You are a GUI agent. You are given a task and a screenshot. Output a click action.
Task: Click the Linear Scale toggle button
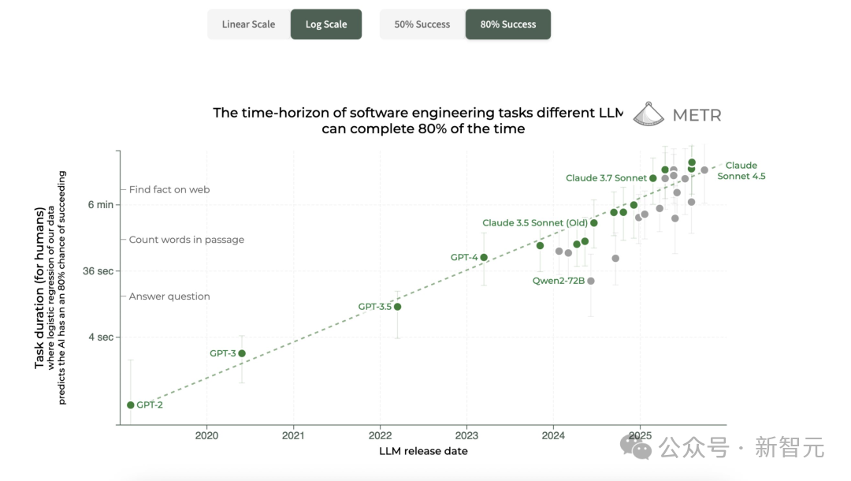tap(248, 24)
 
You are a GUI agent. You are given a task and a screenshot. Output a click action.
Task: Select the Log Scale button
tap(326, 24)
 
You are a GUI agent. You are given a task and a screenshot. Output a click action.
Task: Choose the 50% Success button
tap(422, 24)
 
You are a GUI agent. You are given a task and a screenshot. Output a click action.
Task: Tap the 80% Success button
tap(508, 24)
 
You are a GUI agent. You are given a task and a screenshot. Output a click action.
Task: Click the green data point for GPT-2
tap(131, 405)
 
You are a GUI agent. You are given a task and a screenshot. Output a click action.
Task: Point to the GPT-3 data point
tap(242, 353)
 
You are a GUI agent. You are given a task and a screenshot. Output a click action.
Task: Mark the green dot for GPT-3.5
tap(398, 307)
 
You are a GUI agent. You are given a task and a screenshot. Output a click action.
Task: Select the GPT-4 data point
tap(484, 257)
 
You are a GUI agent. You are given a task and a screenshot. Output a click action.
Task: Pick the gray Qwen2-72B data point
tap(591, 281)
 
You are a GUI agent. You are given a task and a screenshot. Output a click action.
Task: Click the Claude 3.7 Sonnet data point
tap(653, 178)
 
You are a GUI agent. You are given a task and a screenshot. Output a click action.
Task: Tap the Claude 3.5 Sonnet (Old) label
tap(534, 223)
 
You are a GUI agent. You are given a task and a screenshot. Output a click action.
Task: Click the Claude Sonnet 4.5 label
tap(741, 170)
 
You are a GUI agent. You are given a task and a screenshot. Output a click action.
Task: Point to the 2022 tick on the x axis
tap(380, 434)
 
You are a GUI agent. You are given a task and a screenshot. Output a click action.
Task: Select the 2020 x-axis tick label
tap(206, 434)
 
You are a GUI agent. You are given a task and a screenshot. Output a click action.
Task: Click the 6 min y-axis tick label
tap(100, 205)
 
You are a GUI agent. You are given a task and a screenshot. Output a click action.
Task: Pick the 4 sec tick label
tap(101, 337)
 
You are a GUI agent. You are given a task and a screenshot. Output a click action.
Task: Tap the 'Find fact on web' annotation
tap(169, 189)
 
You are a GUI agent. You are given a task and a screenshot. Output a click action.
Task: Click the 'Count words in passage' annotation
tap(187, 240)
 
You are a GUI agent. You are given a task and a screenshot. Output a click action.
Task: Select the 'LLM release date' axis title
tap(423, 451)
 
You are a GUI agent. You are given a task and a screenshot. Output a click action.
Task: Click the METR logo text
tap(697, 115)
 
